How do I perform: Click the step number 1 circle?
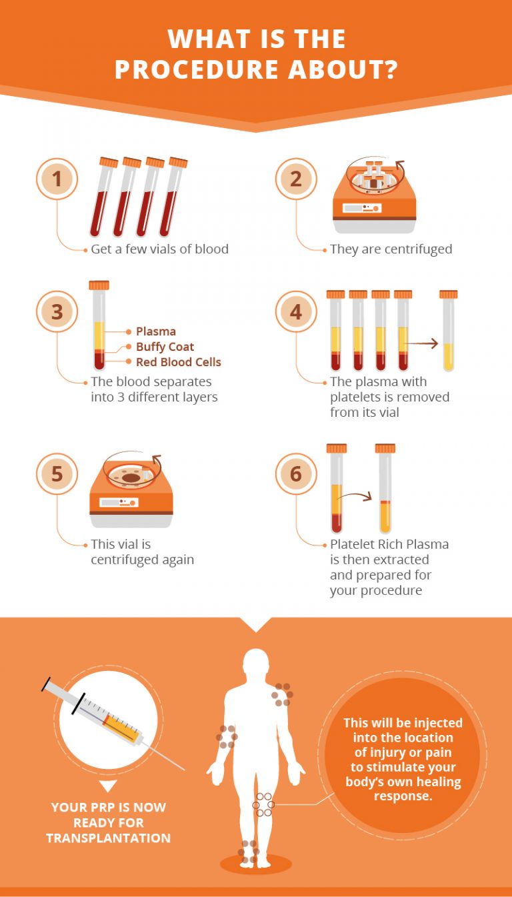[x=57, y=179]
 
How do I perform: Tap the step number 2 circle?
[x=296, y=179]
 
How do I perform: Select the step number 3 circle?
[x=57, y=311]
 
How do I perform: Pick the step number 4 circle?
[x=296, y=311]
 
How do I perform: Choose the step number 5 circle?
[x=57, y=474]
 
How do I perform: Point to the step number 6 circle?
[x=296, y=474]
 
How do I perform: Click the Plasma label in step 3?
[x=156, y=331]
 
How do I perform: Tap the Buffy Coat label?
[x=165, y=347]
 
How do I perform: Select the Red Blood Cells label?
[x=178, y=362]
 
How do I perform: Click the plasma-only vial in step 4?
[x=449, y=330]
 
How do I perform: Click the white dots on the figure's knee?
[x=263, y=805]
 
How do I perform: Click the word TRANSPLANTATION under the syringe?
[x=108, y=838]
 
